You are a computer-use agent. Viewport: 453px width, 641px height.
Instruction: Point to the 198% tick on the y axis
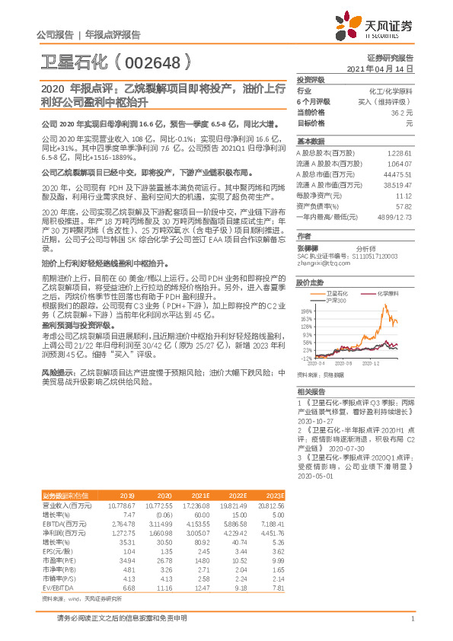306,311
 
